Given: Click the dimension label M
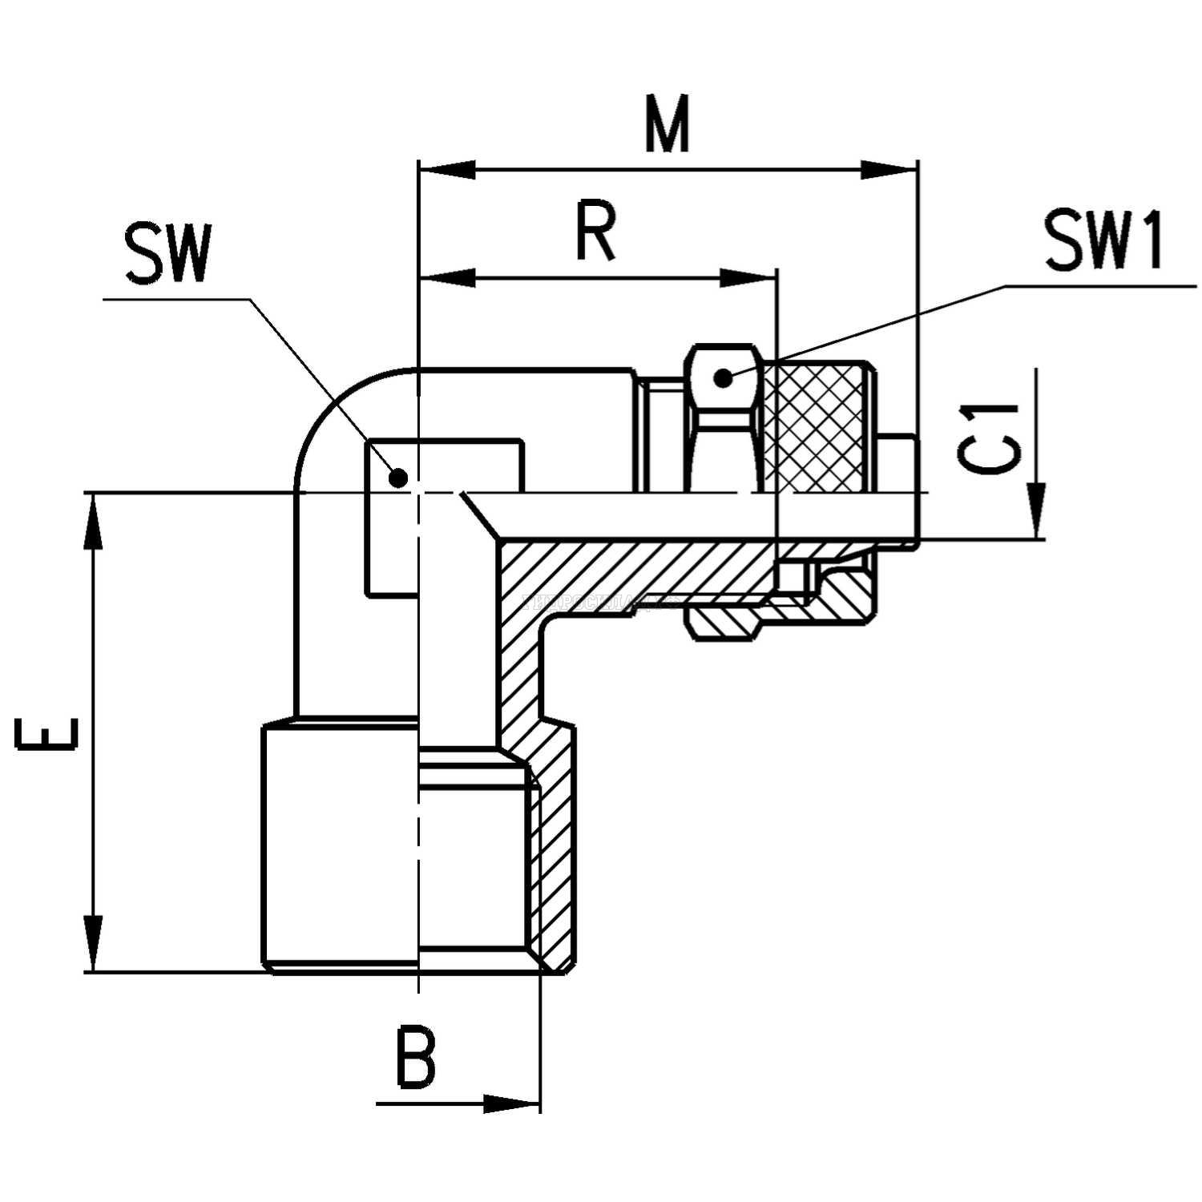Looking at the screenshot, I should [668, 127].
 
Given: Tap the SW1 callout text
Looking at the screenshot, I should [1104, 242].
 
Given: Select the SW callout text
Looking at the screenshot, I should [167, 255].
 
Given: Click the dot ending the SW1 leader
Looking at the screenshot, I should [724, 377].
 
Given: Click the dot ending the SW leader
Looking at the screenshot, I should [398, 478].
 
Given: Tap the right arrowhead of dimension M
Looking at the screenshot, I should [889, 170].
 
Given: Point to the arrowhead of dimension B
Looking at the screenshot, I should [513, 1103].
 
